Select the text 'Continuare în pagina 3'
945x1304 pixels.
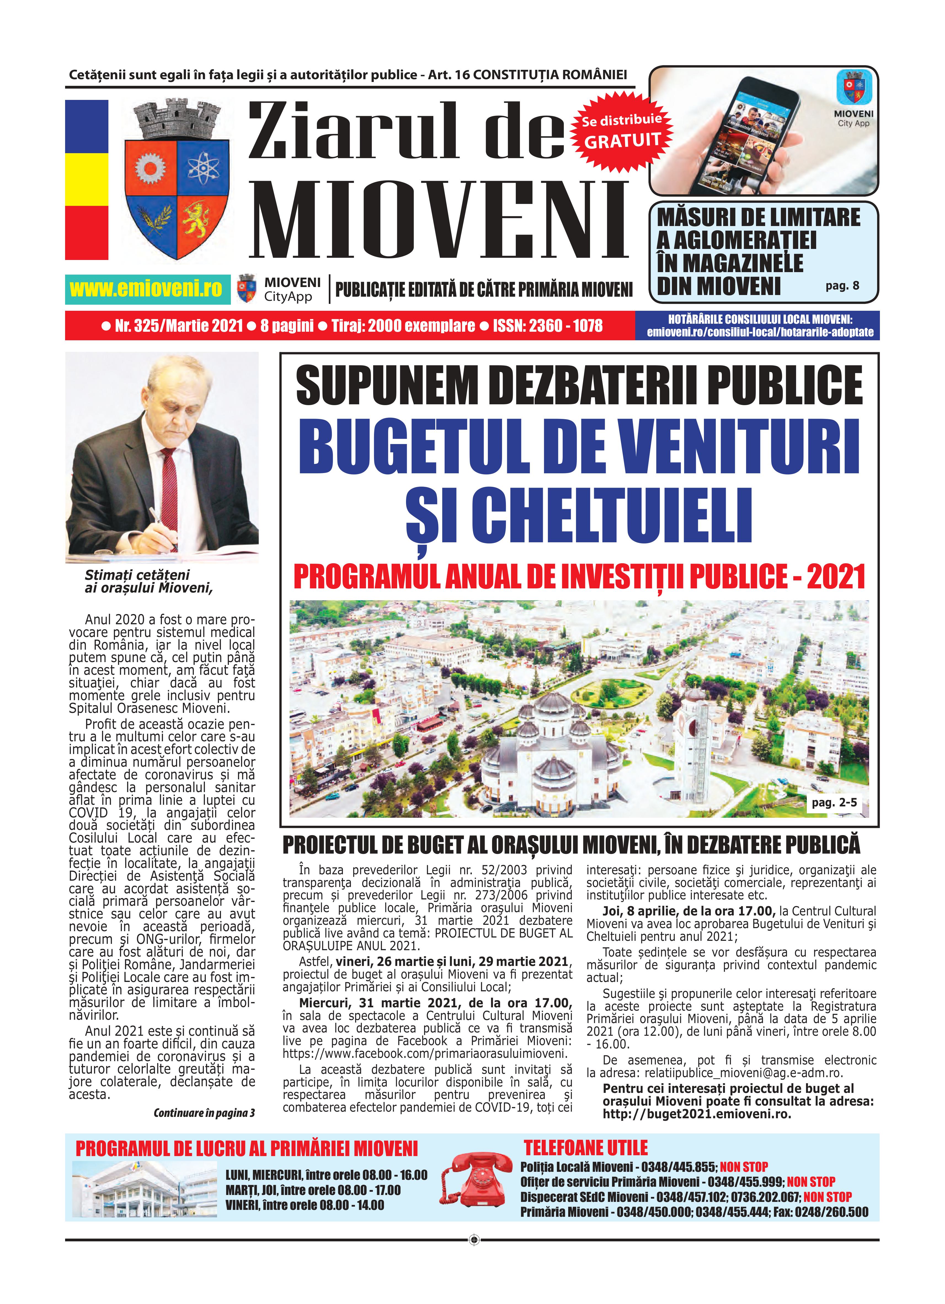(204, 1113)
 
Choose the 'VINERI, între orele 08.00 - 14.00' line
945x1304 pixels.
(305, 1205)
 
